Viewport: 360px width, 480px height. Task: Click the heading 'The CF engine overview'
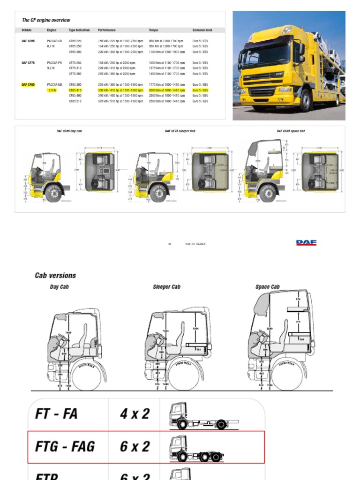46,20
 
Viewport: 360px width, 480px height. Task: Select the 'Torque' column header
153,30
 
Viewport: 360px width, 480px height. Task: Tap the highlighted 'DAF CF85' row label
28,85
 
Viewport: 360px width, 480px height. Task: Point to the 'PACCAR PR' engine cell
54,63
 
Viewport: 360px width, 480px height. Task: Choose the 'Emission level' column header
202,30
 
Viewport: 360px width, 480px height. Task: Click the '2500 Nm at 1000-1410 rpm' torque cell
166,101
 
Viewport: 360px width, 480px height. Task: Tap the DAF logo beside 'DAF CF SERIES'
306,243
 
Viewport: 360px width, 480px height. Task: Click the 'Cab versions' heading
55,275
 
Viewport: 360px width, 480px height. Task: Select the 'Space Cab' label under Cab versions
267,287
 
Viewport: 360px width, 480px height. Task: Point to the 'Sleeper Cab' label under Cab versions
166,287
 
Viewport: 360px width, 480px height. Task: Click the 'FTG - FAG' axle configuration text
65,447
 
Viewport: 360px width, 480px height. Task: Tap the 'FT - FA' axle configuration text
56,414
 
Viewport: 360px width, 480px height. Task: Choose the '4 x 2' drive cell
134,414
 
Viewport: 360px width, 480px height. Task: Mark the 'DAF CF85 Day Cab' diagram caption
69,131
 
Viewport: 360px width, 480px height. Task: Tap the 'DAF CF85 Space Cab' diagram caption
291,131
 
